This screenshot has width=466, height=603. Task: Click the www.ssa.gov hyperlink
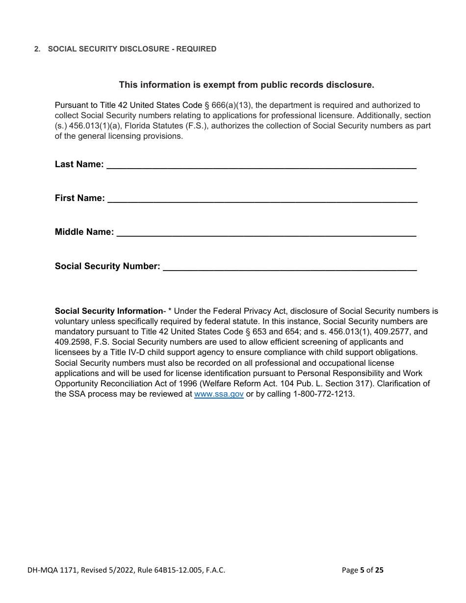[x=219, y=394]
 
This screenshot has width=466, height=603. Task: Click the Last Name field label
[x=79, y=164]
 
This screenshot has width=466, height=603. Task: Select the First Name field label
[x=79, y=198]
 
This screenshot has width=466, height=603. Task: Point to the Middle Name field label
[x=84, y=232]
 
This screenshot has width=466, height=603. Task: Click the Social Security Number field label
[x=107, y=266]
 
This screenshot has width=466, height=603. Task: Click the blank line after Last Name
[x=261, y=166]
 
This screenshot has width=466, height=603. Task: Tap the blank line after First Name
[x=262, y=200]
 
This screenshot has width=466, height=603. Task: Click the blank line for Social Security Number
[x=289, y=268]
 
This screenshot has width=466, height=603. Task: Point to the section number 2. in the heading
[x=37, y=49]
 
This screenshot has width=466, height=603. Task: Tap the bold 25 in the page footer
[x=379, y=570]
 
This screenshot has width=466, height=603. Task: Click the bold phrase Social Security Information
[x=108, y=311]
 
